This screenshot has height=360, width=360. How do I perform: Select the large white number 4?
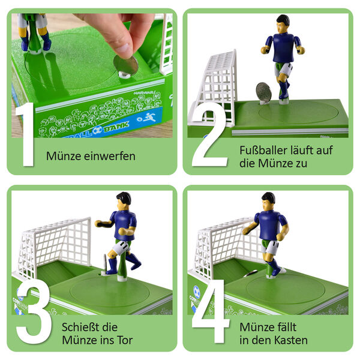pos(210,311)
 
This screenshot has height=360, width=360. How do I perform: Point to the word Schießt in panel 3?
pos(80,327)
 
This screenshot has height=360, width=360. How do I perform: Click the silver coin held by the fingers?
pos(125,64)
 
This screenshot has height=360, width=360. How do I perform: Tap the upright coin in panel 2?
pos(263,93)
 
